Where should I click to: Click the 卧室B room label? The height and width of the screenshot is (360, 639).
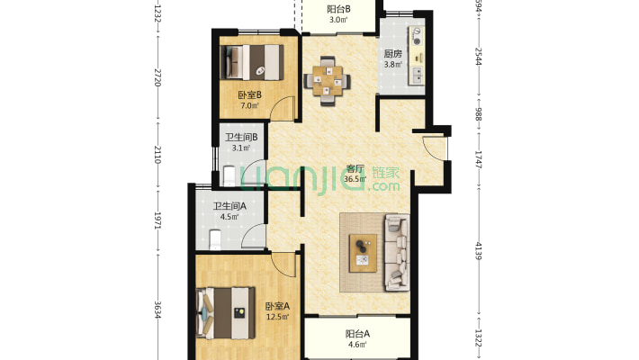[250, 95]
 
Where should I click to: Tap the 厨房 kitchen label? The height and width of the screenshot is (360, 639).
[393, 54]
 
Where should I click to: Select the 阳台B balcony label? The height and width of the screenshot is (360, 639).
[338, 9]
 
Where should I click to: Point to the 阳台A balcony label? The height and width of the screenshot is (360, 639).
[357, 334]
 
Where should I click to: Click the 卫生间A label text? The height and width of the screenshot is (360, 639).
[229, 206]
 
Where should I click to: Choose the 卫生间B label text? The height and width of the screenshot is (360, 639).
[241, 138]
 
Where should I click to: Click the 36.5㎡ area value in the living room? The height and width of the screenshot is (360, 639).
[355, 178]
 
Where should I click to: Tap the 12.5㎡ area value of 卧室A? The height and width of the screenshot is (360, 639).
[277, 317]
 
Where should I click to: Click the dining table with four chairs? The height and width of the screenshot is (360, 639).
[327, 81]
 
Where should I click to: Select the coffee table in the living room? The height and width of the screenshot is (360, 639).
[363, 253]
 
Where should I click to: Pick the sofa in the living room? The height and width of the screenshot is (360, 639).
[397, 252]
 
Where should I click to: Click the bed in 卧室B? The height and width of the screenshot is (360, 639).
[251, 62]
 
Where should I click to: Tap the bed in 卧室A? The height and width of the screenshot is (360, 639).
[226, 313]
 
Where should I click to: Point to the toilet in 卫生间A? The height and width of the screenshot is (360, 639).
[214, 239]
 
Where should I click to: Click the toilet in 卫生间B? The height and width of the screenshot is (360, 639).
[229, 175]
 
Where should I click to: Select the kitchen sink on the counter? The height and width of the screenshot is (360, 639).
[418, 76]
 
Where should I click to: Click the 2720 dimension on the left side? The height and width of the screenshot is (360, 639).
[157, 77]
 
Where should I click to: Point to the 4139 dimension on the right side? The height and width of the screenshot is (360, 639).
[479, 251]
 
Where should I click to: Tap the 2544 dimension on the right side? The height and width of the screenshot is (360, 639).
[479, 57]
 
